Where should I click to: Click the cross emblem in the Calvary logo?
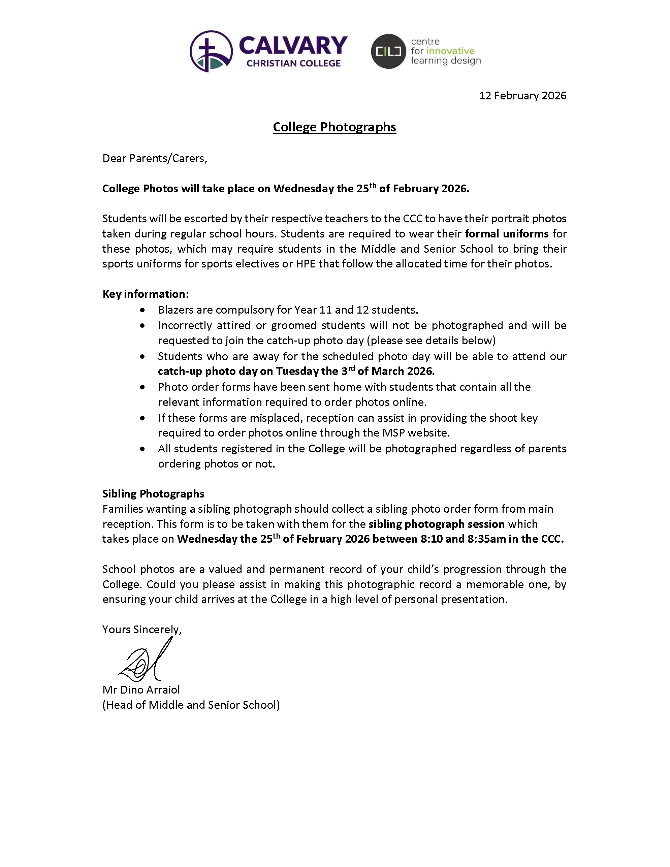coord(211,51)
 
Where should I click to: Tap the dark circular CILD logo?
coord(388,51)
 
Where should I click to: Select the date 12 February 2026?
coord(522,96)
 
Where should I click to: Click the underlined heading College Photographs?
coord(334,127)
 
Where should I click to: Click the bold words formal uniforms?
coord(507,233)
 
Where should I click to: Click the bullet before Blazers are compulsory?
coord(142,310)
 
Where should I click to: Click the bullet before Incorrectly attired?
coord(142,325)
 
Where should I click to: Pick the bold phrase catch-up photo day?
coord(208,371)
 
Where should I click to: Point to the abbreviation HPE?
coord(305,264)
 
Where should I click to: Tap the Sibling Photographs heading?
coord(153,493)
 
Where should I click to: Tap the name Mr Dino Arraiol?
coord(141,689)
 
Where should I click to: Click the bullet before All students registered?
coord(142,449)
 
